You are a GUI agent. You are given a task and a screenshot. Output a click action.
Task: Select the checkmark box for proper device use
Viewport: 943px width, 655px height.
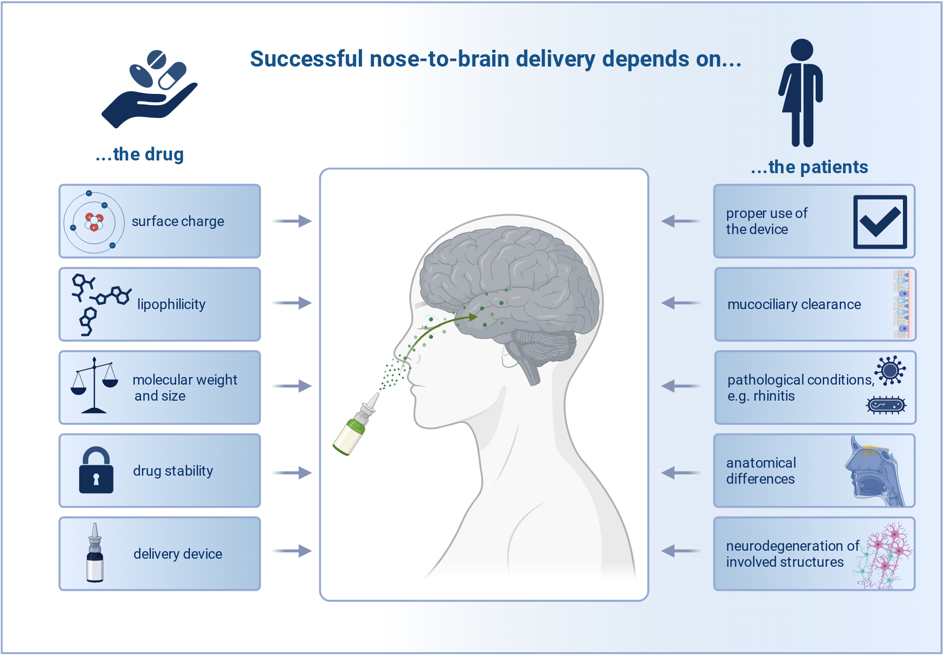pyautogui.click(x=880, y=222)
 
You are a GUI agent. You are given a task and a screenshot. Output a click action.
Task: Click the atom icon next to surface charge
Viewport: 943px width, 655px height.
pyautogui.click(x=94, y=222)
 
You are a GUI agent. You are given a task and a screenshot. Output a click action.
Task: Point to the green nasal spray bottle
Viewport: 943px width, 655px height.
pyautogui.click(x=356, y=424)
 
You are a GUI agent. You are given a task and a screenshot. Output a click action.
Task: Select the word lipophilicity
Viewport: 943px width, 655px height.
pyautogui.click(x=171, y=304)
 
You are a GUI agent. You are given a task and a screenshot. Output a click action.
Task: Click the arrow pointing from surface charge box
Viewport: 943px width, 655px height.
pyautogui.click(x=292, y=221)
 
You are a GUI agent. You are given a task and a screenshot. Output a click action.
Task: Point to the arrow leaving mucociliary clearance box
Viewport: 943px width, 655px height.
pyautogui.click(x=681, y=303)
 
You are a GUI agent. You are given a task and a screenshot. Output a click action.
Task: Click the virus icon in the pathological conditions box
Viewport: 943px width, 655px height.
pyautogui.click(x=890, y=370)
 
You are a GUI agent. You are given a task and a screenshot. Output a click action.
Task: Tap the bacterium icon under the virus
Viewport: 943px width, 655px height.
pyautogui.click(x=886, y=405)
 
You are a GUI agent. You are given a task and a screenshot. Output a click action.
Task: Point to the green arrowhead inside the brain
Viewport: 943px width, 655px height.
pyautogui.click(x=472, y=317)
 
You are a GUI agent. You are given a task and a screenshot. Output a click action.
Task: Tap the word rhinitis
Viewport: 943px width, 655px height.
pyautogui.click(x=774, y=396)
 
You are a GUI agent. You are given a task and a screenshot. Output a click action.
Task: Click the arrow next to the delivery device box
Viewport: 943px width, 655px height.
pyautogui.click(x=292, y=551)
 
